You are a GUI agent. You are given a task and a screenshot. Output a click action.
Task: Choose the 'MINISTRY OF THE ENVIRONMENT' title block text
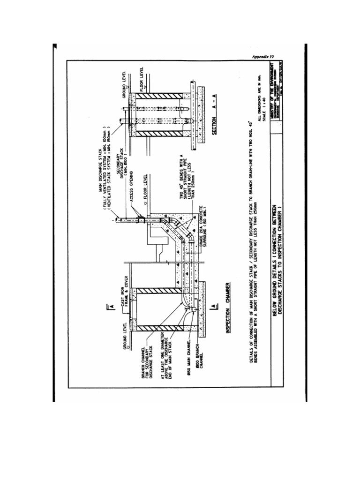coord(272,93)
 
